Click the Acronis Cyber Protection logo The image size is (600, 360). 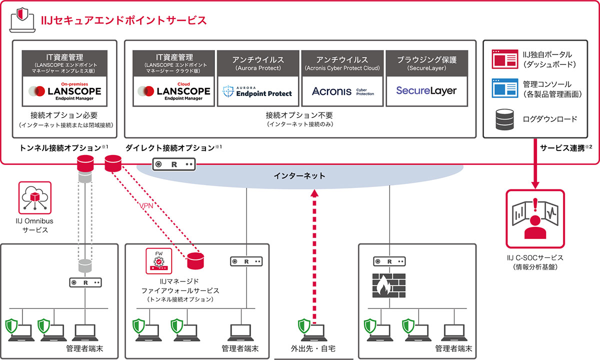coord(342,91)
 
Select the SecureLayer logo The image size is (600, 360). coord(426,91)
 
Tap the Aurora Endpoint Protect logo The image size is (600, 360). coord(257,91)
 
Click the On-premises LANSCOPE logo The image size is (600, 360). coord(65,90)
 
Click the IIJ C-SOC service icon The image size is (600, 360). coord(535,218)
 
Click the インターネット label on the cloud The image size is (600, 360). coord(299,175)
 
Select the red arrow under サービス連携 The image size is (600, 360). coord(535,170)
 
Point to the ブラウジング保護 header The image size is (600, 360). coord(426,59)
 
